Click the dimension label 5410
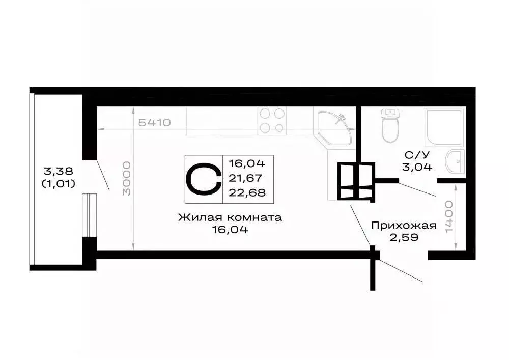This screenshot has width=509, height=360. (154, 123)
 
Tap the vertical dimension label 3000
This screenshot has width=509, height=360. (127, 178)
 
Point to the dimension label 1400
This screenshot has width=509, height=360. (448, 216)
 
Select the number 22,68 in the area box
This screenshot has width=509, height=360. (247, 192)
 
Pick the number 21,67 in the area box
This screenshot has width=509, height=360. (247, 178)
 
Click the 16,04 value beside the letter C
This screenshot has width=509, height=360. (247, 164)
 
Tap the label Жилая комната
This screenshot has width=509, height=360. (230, 217)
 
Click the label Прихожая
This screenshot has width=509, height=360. (404, 225)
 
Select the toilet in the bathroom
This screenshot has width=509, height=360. (390, 126)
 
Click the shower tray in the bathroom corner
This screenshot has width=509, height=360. (444, 126)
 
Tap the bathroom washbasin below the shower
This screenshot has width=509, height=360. (455, 162)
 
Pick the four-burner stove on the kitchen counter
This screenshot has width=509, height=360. (272, 121)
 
